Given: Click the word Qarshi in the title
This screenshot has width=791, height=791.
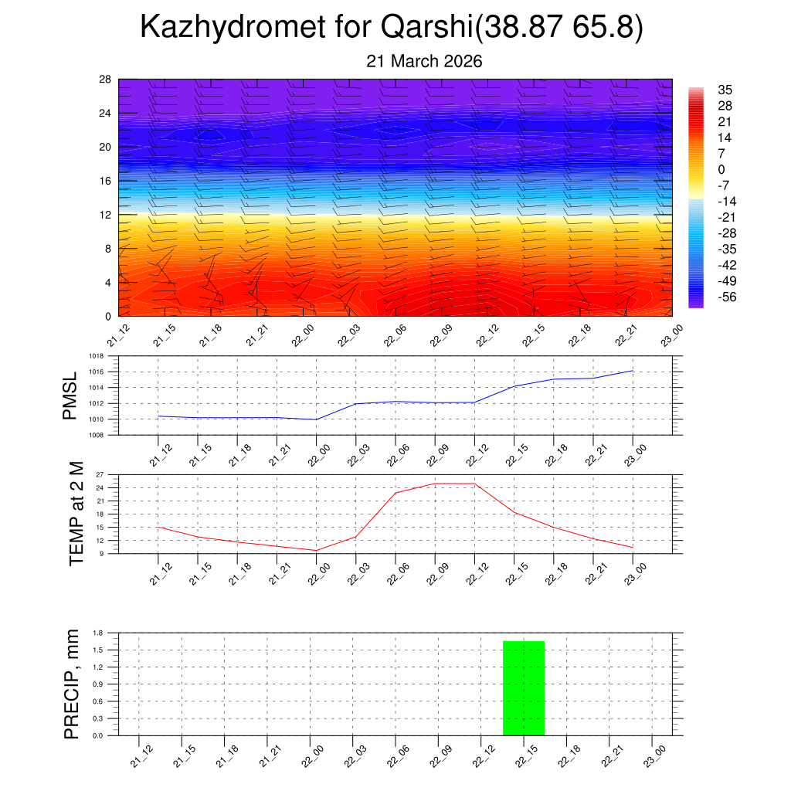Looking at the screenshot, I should click(x=427, y=28).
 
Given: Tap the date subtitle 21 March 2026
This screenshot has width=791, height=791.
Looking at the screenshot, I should click(x=424, y=62).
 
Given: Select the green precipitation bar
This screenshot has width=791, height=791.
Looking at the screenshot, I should click(x=524, y=687).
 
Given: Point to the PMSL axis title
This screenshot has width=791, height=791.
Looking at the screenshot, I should click(x=70, y=395).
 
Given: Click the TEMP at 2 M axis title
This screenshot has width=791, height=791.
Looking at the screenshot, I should click(x=76, y=513).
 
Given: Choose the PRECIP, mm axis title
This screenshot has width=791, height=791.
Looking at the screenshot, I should click(x=72, y=684).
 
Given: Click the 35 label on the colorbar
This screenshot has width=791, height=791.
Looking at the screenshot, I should click(x=725, y=90).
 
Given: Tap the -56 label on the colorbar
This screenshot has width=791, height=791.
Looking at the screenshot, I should click(x=726, y=297).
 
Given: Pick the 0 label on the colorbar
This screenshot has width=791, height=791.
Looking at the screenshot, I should click(x=721, y=170).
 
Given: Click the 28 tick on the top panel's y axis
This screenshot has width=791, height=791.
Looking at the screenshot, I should click(x=105, y=80).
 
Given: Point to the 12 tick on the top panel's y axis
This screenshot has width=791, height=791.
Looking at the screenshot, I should click(x=105, y=215).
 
